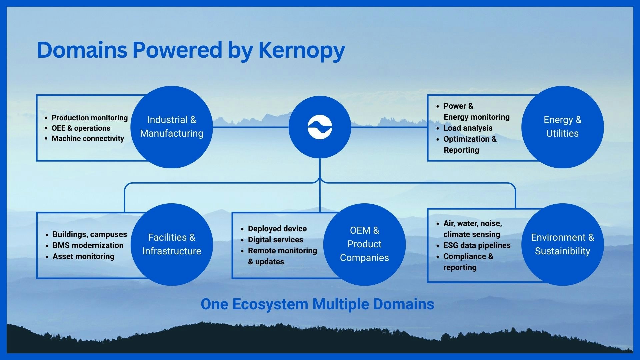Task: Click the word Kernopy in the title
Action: [301, 50]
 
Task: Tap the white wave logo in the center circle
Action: [320, 127]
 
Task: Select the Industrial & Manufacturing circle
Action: [171, 127]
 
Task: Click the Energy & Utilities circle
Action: [562, 127]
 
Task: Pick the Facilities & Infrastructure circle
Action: [171, 244]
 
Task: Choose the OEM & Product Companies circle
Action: [364, 244]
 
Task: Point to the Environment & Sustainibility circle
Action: [562, 244]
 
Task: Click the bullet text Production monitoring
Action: [89, 118]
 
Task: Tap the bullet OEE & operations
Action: [81, 128]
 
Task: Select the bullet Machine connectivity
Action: [88, 139]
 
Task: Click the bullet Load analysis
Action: [468, 128]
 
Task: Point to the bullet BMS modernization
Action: [88, 246]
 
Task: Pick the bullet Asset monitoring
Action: [83, 257]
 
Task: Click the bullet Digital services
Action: [275, 240]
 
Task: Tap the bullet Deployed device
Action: [277, 229]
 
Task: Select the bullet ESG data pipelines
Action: [477, 246]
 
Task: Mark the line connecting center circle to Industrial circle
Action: [250, 127]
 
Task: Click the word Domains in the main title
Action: [82, 50]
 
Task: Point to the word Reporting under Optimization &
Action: [461, 150]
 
